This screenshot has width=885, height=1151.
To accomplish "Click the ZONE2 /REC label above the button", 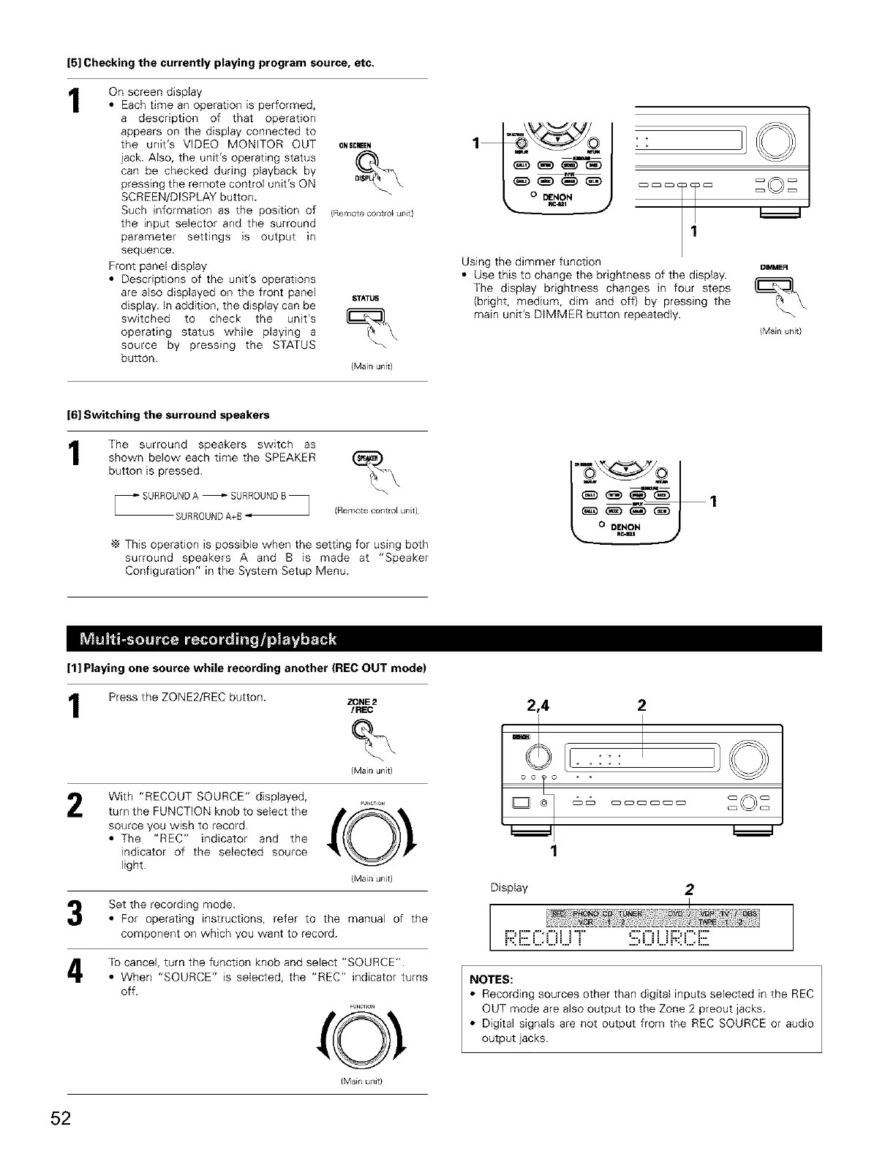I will click(363, 705).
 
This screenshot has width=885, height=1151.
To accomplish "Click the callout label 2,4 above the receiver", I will click(538, 706).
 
